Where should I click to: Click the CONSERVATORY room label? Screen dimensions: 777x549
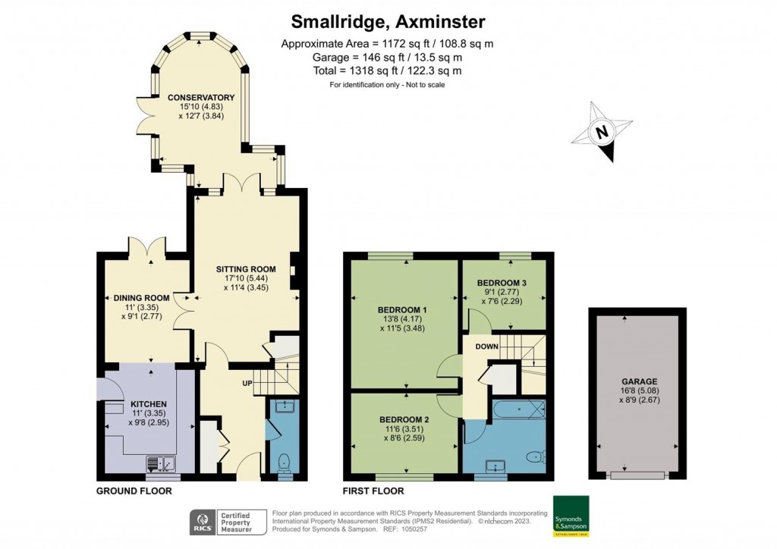click(200, 98)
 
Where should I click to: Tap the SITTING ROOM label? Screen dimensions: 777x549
click(246, 269)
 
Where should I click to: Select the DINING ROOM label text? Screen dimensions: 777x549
click(142, 298)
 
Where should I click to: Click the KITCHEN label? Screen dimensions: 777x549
click(149, 404)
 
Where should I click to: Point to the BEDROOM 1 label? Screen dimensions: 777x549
click(402, 310)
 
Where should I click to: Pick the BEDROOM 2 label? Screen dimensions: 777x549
click(404, 420)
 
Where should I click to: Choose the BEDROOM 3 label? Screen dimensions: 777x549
click(502, 283)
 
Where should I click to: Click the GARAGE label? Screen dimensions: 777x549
click(639, 381)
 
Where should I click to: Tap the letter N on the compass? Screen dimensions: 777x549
click(602, 132)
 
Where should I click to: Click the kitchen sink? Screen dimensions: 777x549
click(161, 464)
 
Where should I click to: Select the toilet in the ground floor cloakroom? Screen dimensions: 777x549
click(284, 463)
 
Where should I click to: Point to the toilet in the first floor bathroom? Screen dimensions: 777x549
click(536, 456)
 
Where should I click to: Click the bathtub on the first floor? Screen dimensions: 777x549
click(519, 409)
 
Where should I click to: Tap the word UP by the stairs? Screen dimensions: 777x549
click(247, 383)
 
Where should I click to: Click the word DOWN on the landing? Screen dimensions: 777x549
click(486, 347)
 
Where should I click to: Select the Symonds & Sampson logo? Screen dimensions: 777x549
click(571, 516)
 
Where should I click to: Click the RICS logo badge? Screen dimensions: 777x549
click(203, 522)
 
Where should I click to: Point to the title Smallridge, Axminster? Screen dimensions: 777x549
click(388, 21)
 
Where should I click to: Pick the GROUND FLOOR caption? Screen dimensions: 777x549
click(134, 491)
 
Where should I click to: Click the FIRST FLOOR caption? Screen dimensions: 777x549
click(373, 491)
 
